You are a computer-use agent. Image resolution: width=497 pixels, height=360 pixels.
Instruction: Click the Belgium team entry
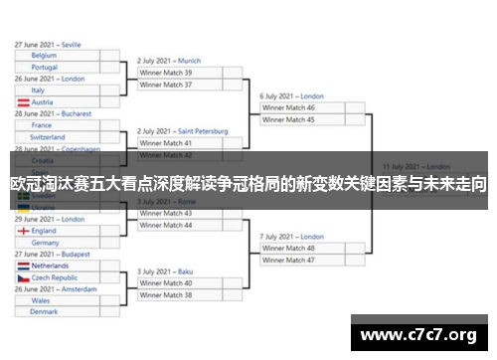point(44,56)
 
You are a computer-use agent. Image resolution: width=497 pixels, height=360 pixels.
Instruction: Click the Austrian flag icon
point(22,102)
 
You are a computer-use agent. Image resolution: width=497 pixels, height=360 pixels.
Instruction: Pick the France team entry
point(42,125)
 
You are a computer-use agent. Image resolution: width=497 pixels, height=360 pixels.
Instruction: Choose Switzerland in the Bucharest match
point(49,137)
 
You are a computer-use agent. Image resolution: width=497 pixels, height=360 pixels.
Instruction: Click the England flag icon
point(22,231)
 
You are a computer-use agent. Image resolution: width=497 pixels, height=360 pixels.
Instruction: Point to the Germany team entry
point(45,243)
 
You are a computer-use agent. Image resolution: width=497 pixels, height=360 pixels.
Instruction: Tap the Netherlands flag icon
point(22,267)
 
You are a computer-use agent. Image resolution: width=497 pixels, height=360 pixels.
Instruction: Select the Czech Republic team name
point(56,278)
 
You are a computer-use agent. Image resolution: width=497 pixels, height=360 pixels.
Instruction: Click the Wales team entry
point(41,300)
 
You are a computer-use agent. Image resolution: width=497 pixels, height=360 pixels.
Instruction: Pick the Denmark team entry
point(44,312)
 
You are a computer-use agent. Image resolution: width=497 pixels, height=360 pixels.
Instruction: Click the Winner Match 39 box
point(179,73)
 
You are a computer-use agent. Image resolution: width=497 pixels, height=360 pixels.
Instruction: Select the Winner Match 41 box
point(179,143)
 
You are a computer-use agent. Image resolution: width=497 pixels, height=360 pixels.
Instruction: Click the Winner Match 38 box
point(179,295)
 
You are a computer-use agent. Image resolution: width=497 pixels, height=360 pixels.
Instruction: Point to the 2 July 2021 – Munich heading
point(169,61)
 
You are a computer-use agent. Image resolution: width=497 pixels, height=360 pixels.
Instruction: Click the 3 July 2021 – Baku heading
point(165,271)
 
